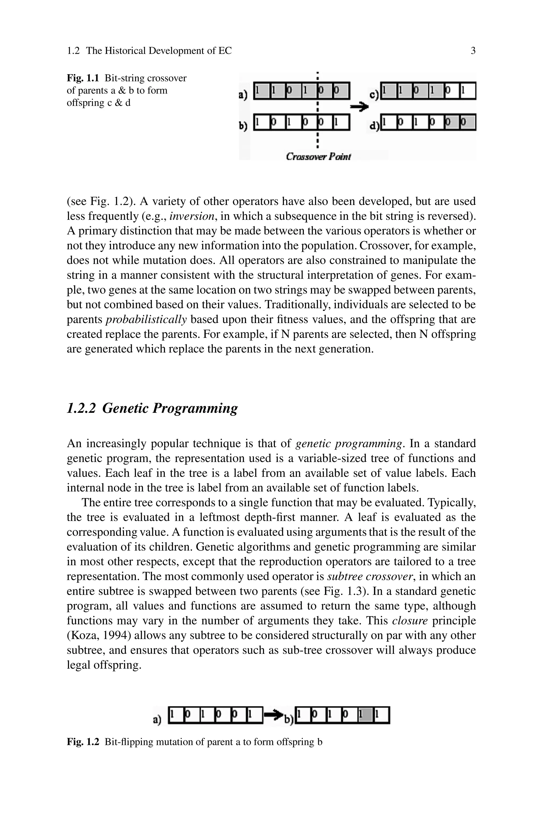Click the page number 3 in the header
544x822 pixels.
(x=473, y=51)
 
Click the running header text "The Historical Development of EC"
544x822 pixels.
(x=159, y=51)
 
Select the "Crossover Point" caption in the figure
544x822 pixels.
(x=318, y=157)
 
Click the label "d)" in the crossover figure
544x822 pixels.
(x=374, y=126)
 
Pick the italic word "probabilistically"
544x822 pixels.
(x=146, y=319)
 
